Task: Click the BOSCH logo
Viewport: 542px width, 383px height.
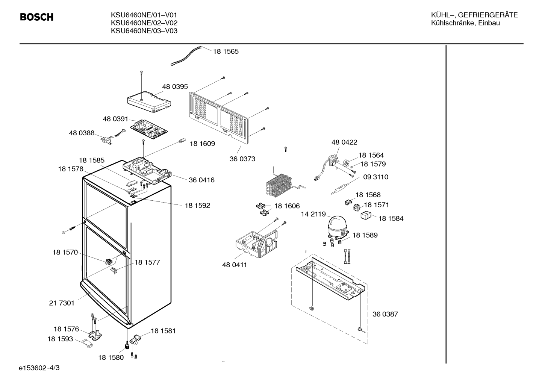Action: [36, 17]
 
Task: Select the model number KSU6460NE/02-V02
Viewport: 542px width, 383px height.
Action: [144, 23]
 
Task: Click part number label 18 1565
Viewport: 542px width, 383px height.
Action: [226, 51]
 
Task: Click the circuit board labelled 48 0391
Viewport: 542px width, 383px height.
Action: [149, 130]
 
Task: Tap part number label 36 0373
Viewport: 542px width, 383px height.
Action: [242, 159]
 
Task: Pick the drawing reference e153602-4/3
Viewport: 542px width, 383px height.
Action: [39, 368]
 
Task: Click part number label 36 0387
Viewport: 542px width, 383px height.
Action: [385, 314]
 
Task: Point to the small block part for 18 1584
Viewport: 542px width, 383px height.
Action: [366, 215]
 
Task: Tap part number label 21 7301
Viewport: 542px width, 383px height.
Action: [62, 303]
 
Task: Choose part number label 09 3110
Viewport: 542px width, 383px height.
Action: [375, 177]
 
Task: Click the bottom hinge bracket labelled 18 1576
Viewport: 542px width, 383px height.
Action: [95, 334]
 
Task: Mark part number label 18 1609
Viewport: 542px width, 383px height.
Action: [202, 144]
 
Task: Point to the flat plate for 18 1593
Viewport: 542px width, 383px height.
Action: [88, 343]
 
